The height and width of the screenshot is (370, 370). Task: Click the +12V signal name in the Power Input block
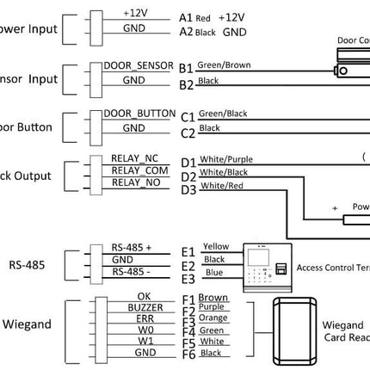[135, 15]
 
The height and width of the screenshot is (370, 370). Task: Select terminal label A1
[186, 17]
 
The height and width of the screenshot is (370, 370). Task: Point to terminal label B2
[186, 84]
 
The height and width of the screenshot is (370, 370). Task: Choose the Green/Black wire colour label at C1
[223, 113]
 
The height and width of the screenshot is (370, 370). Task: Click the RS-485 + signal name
[131, 247]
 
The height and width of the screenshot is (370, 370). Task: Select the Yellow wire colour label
[216, 246]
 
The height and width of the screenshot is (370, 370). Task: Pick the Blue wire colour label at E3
[213, 273]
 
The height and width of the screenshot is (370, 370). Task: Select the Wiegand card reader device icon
[293, 330]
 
